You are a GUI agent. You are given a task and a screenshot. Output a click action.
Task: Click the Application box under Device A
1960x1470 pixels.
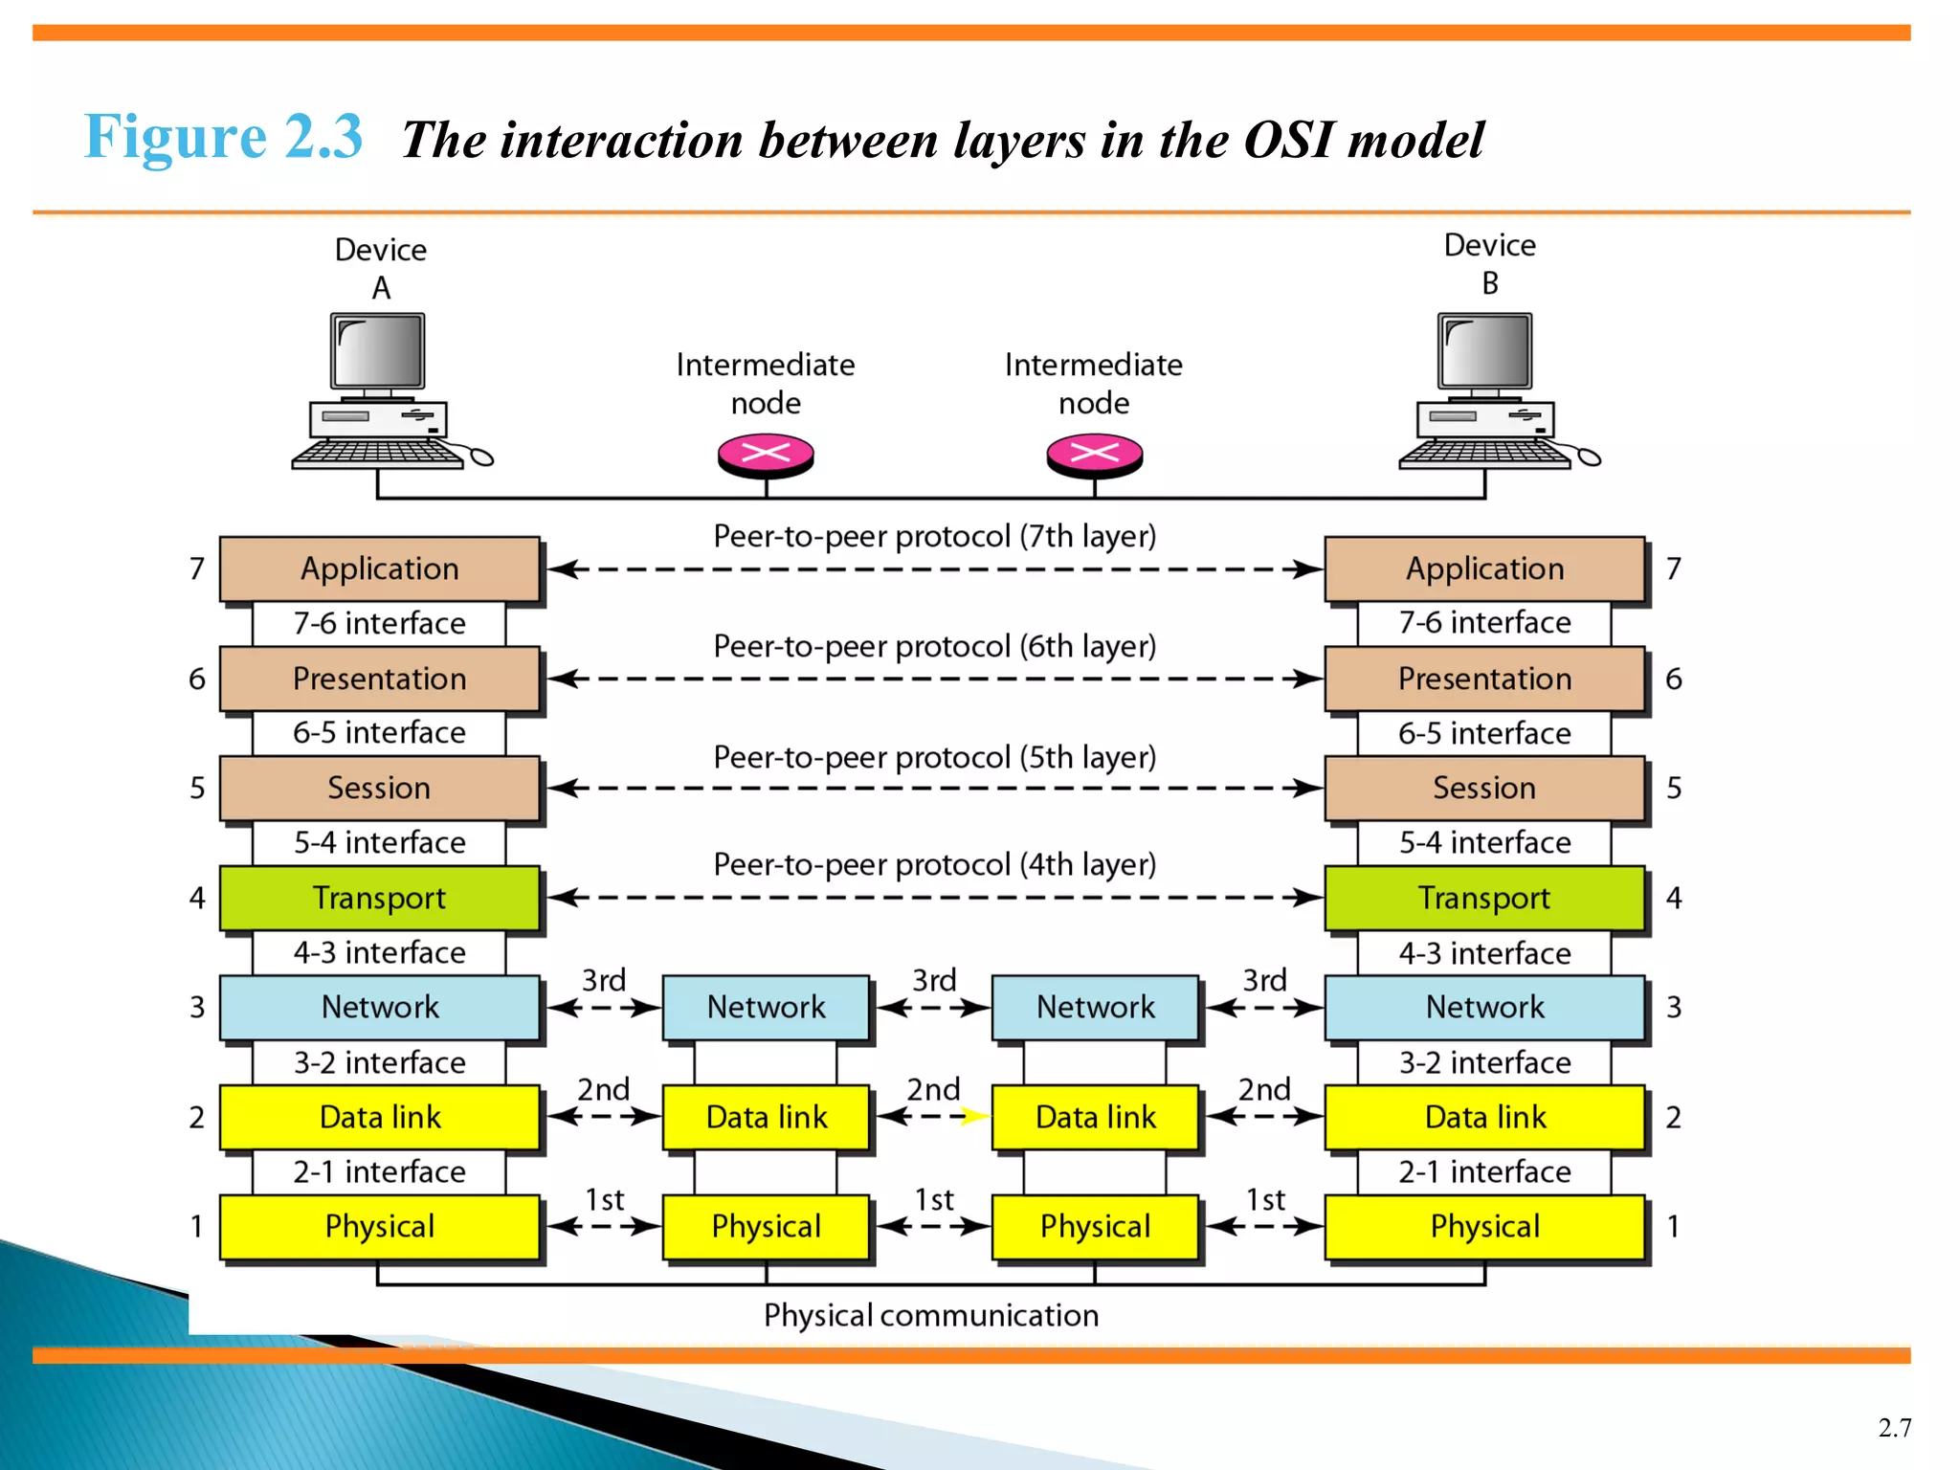pyautogui.click(x=380, y=568)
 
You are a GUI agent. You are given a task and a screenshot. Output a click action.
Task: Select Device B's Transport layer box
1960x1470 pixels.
pyautogui.click(x=1484, y=898)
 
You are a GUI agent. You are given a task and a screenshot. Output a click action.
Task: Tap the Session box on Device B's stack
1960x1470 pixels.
pyautogui.click(x=1484, y=788)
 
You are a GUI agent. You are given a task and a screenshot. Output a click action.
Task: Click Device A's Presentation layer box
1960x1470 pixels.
pyautogui.click(x=380, y=679)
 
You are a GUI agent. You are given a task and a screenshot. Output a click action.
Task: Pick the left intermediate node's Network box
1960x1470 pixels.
pyautogui.click(x=766, y=1007)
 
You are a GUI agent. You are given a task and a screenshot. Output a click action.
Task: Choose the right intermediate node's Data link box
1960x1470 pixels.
pyautogui.click(x=1096, y=1117)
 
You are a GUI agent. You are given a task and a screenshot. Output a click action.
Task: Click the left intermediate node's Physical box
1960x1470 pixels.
pyautogui.click(x=766, y=1226)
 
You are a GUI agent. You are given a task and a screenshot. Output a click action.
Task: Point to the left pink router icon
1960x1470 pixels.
pyautogui.click(x=766, y=454)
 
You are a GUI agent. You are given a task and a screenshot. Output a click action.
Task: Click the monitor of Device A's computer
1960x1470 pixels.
pyautogui.click(x=378, y=350)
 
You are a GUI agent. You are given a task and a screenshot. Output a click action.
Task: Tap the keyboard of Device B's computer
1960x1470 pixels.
pyautogui.click(x=1483, y=453)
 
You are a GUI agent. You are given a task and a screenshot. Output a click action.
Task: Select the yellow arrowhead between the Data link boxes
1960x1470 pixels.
pyautogui.click(x=974, y=1116)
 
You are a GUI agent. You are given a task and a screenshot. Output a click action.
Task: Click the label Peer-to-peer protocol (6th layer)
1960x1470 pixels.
pyautogui.click(x=934, y=646)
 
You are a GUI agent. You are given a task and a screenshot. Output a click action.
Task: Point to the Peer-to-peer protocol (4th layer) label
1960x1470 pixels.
pyautogui.click(x=934, y=864)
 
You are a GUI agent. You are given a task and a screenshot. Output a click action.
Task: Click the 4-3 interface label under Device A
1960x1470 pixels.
pyautogui.click(x=380, y=952)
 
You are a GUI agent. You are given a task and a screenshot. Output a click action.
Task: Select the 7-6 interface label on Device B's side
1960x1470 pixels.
pyautogui.click(x=1484, y=623)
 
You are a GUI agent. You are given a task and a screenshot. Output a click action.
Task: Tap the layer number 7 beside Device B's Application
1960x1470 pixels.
pyautogui.click(x=1673, y=568)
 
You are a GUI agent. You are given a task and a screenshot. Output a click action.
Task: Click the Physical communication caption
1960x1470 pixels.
pyautogui.click(x=930, y=1315)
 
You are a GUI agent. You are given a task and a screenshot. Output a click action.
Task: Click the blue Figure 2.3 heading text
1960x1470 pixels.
pyautogui.click(x=223, y=137)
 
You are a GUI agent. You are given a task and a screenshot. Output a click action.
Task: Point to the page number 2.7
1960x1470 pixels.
pyautogui.click(x=1894, y=1428)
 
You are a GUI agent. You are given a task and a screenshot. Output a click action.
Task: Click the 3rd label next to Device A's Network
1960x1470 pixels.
pyautogui.click(x=604, y=980)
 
